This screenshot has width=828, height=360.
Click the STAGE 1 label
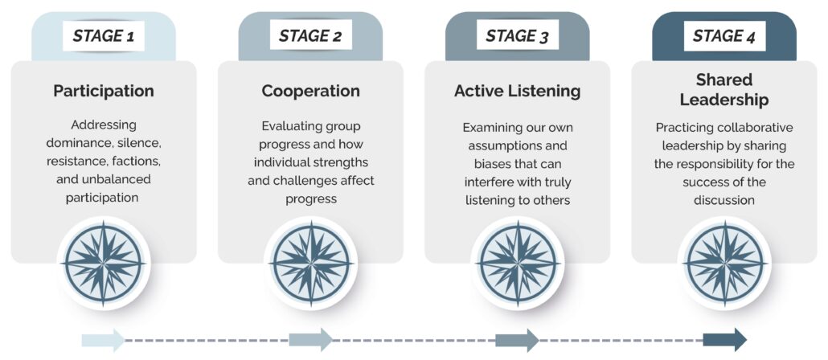(x=104, y=35)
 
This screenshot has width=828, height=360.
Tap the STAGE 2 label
(x=310, y=35)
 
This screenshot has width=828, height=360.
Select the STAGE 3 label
(x=517, y=35)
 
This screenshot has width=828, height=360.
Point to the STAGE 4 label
(x=724, y=35)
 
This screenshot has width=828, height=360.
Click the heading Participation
(x=104, y=91)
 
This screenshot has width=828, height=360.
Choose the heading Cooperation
(x=310, y=91)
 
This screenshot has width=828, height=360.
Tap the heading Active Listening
(x=517, y=91)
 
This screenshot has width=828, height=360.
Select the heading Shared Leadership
(x=724, y=90)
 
